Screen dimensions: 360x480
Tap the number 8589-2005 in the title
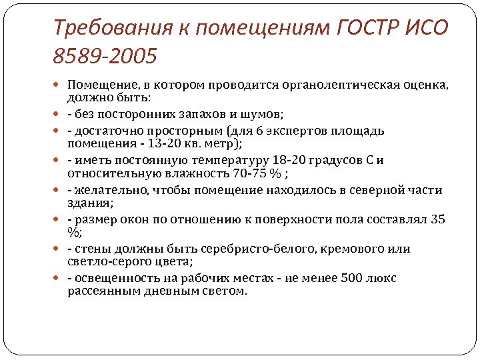(x=106, y=56)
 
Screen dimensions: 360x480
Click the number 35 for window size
(x=438, y=219)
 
